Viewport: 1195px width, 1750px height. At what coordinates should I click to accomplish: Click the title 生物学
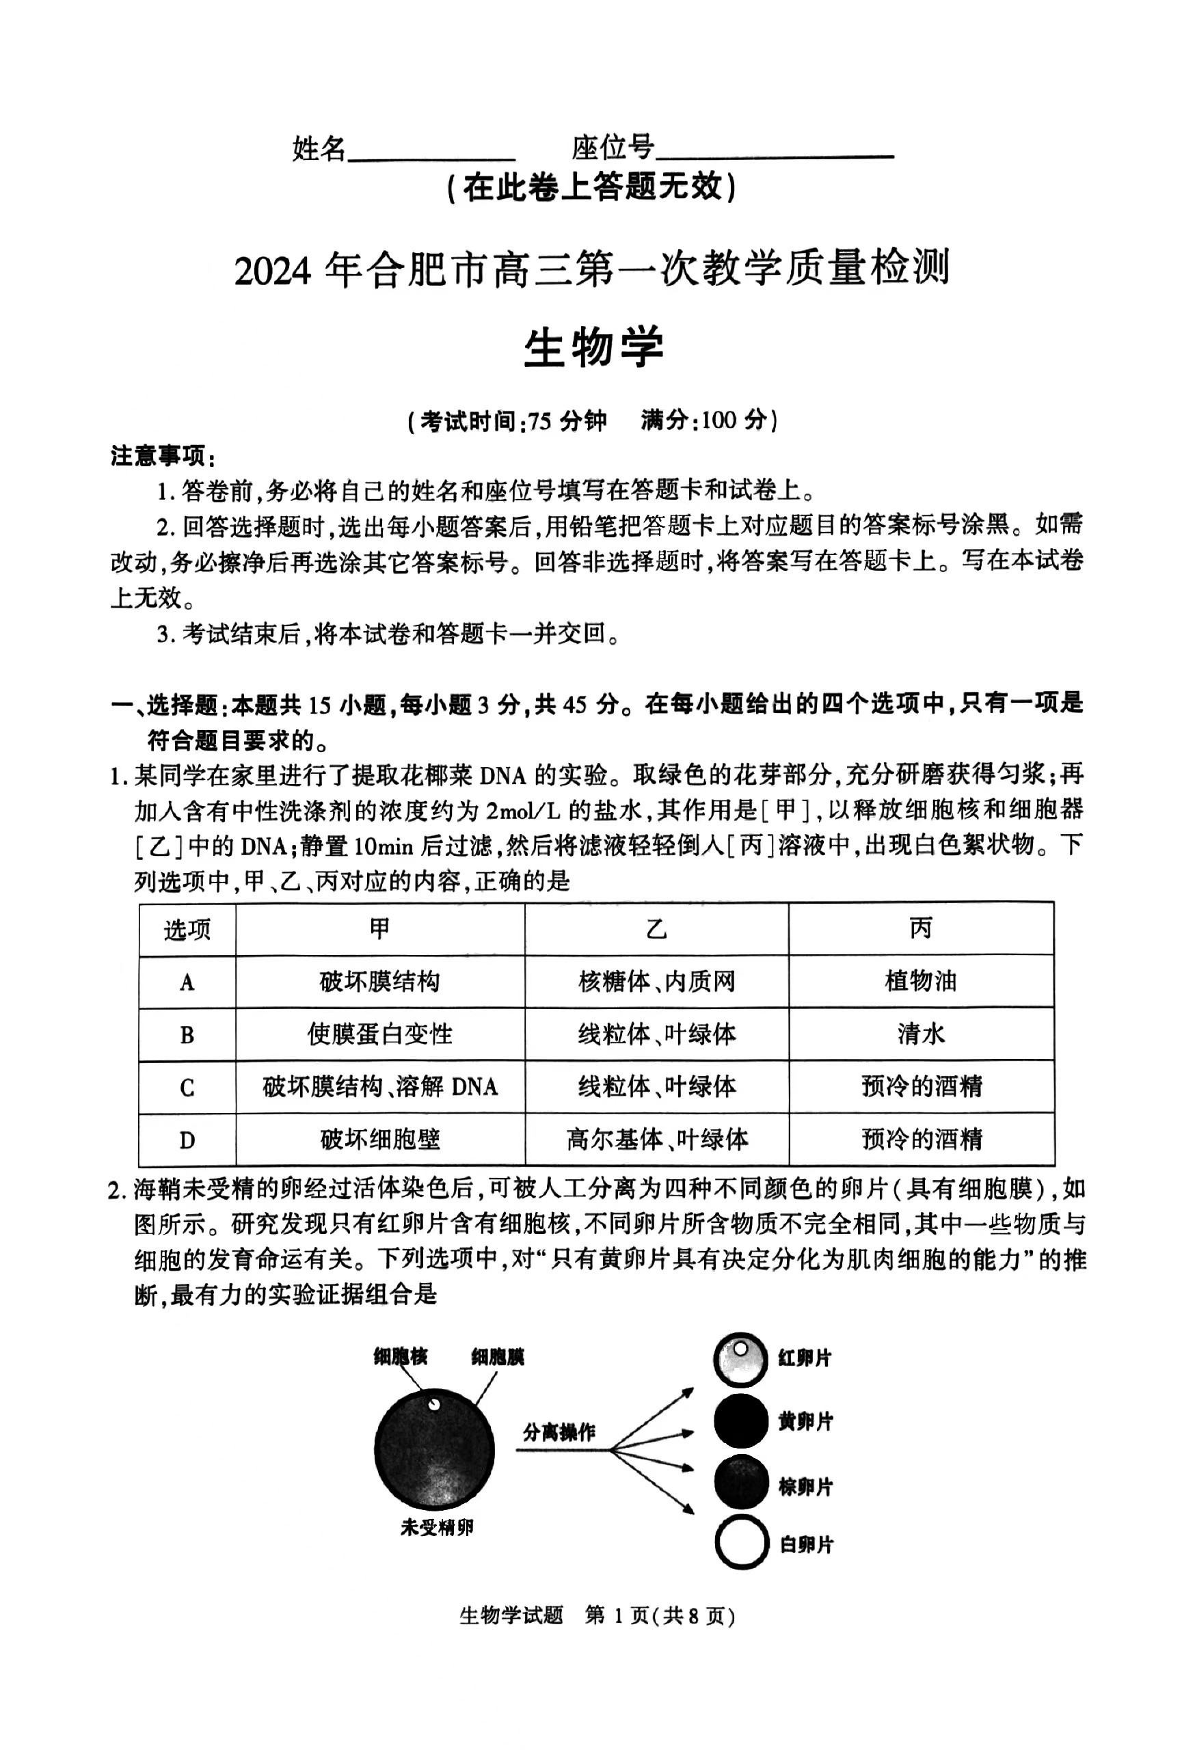pyautogui.click(x=593, y=348)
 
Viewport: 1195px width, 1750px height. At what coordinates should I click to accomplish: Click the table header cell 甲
pyautogui.click(x=379, y=928)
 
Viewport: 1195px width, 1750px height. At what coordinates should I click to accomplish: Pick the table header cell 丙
pyautogui.click(x=920, y=928)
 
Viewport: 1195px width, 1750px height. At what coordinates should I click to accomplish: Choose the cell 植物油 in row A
pyautogui.click(x=920, y=981)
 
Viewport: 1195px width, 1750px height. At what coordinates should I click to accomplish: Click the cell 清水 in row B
pyautogui.click(x=920, y=1034)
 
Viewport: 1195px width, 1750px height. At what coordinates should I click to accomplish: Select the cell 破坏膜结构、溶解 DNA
pyautogui.click(x=379, y=1087)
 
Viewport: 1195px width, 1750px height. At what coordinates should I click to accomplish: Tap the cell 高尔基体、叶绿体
pyautogui.click(x=656, y=1140)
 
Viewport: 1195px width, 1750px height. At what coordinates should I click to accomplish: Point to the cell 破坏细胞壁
pyautogui.click(x=379, y=1140)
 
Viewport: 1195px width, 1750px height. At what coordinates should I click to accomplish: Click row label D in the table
pyautogui.click(x=187, y=1140)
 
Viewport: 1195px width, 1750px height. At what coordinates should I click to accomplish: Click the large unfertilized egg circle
pyautogui.click(x=435, y=1449)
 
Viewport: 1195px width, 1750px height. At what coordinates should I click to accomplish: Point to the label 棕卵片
pyautogui.click(x=806, y=1487)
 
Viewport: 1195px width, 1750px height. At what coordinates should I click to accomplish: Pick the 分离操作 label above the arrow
pyautogui.click(x=559, y=1431)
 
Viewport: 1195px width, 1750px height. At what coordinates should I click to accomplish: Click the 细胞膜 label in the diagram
pyautogui.click(x=497, y=1357)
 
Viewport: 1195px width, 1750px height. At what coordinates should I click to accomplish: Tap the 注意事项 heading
pyautogui.click(x=163, y=457)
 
